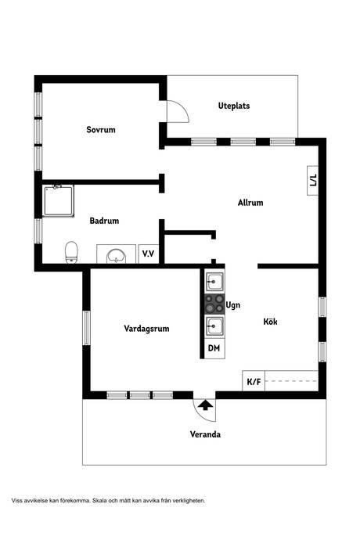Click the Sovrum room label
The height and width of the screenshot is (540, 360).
[x=101, y=130]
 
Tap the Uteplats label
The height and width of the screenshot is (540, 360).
[x=234, y=106]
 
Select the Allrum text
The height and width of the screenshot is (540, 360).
[x=250, y=203]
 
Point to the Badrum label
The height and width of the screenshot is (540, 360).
[x=104, y=221]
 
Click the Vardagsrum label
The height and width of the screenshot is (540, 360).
[x=146, y=329]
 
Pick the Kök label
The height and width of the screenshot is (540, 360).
[x=271, y=322]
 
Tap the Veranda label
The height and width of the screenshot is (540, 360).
[x=205, y=434]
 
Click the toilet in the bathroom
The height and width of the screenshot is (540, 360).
[x=71, y=253]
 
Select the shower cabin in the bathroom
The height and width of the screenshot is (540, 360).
[x=58, y=201]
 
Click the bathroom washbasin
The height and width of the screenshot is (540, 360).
[x=116, y=256]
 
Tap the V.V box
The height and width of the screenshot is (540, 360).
[x=149, y=254]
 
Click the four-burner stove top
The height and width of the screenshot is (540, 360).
[x=214, y=304]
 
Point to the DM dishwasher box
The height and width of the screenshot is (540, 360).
[x=214, y=348]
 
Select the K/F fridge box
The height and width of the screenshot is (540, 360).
[x=254, y=381]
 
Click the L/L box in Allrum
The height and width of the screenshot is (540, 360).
[x=313, y=181]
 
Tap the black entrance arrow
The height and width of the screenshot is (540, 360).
[x=205, y=405]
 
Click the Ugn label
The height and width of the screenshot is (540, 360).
[x=233, y=305]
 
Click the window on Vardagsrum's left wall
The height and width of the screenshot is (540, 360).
[x=86, y=328]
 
